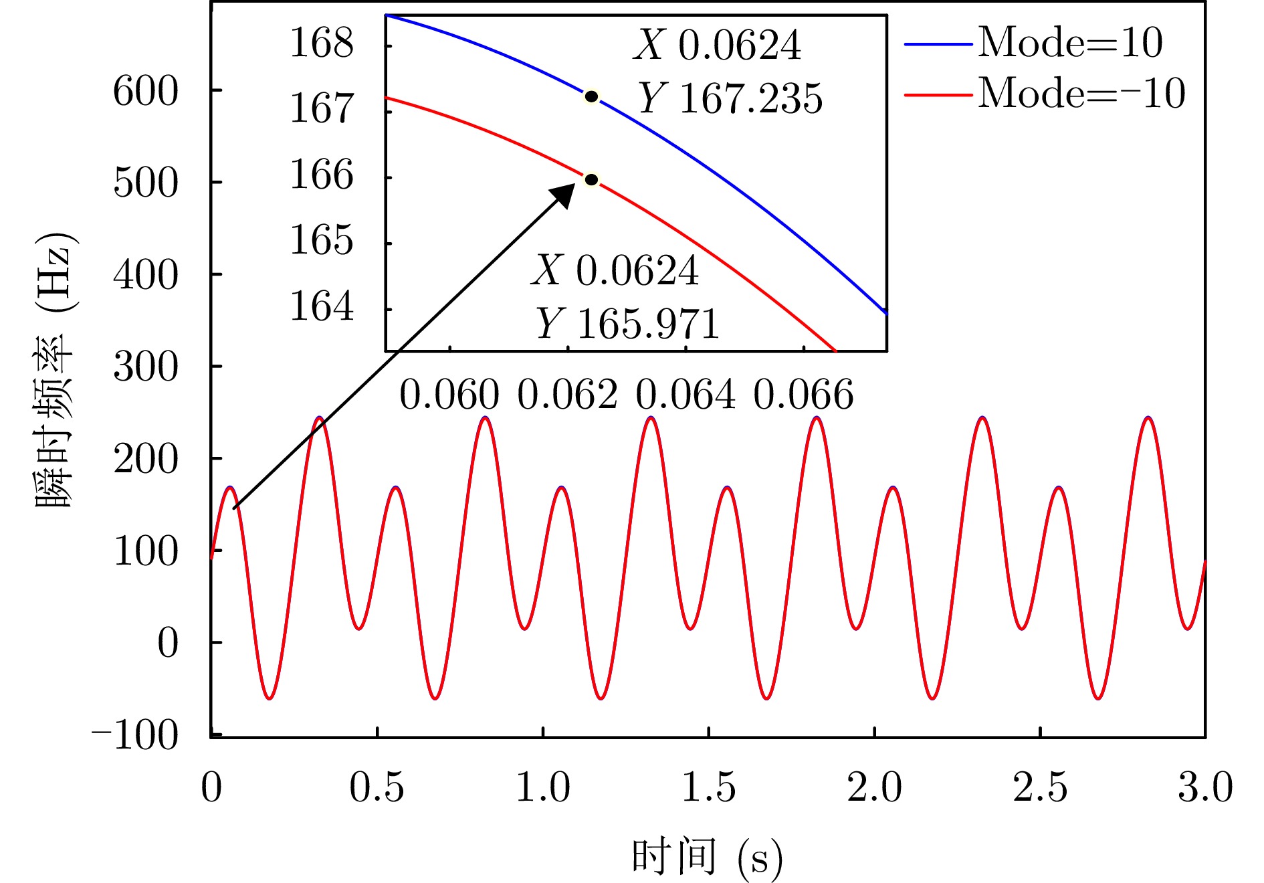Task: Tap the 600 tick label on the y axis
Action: tap(146, 91)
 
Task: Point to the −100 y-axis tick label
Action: tap(135, 735)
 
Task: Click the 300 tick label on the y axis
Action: tap(146, 367)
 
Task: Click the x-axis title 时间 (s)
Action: tap(706, 857)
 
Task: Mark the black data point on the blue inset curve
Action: tap(591, 97)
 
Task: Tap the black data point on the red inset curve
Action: tap(591, 179)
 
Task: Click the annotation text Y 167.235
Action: tap(730, 99)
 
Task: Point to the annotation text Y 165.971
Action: tap(627, 324)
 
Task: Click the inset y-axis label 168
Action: tap(321, 43)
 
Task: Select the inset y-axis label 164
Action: tap(321, 306)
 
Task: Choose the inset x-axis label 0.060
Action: tap(449, 395)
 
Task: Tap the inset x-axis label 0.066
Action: tap(803, 395)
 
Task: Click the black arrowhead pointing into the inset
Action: tap(563, 195)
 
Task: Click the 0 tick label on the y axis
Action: tap(168, 644)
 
